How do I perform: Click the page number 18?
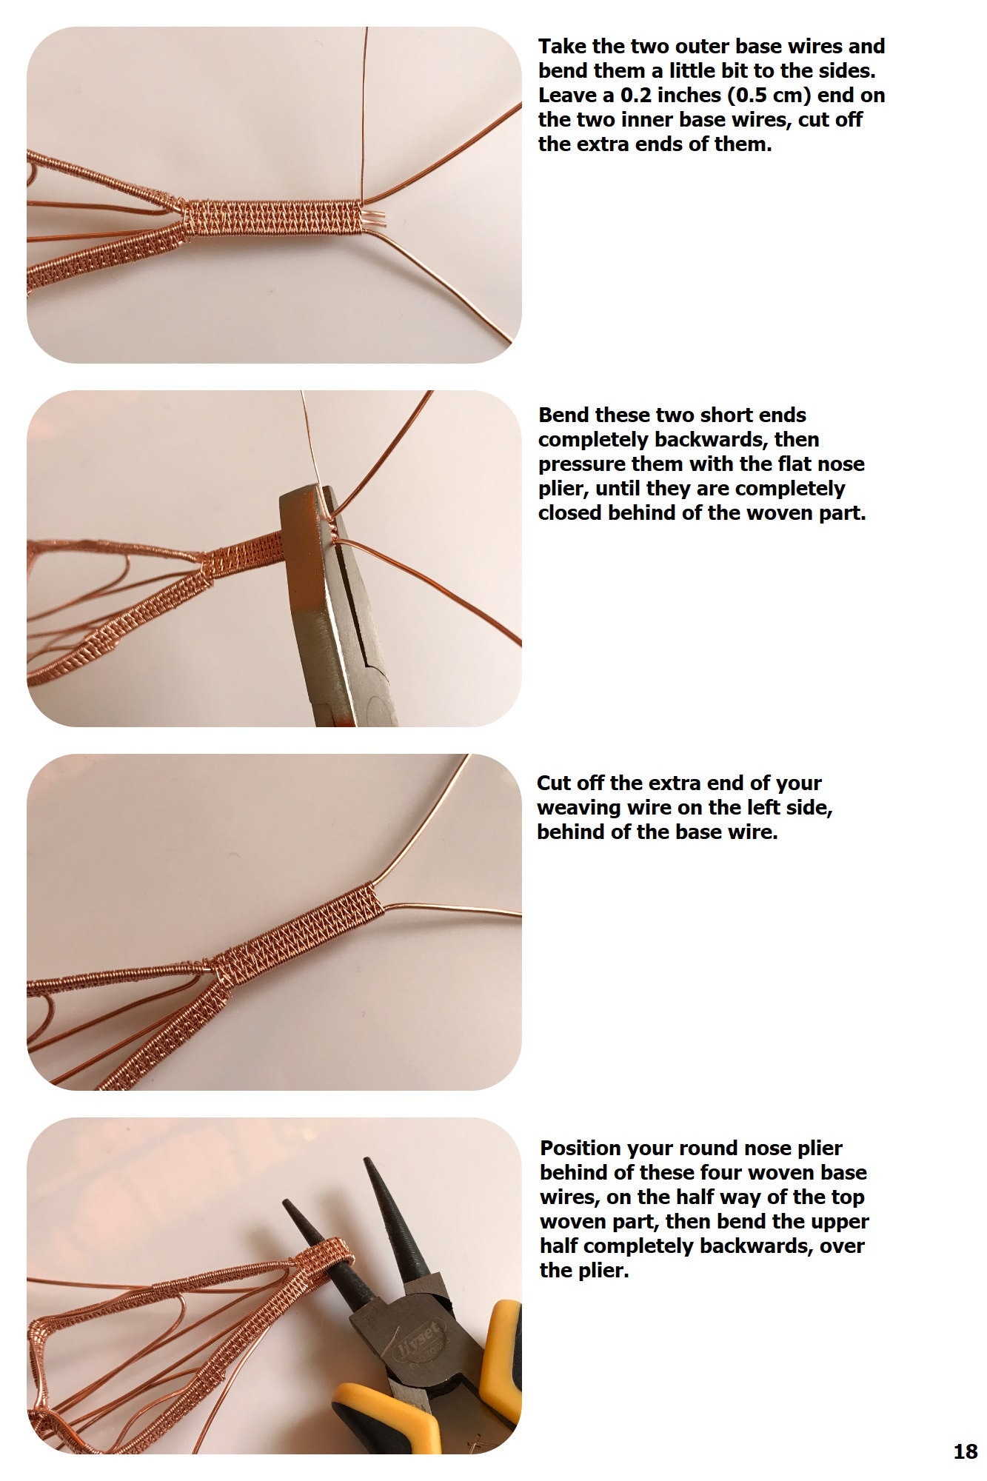click(x=965, y=1451)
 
